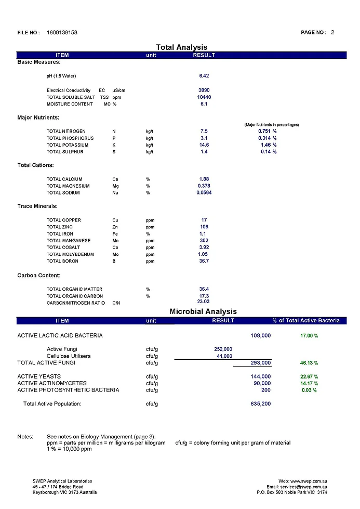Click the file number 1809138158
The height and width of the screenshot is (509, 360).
[62, 33]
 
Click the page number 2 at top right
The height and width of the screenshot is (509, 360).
[332, 32]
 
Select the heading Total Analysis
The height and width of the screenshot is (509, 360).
[181, 47]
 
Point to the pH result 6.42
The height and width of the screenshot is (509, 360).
[204, 76]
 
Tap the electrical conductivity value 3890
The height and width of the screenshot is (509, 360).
[204, 90]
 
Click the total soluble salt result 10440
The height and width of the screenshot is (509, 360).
[204, 97]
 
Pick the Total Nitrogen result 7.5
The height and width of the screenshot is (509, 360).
[204, 131]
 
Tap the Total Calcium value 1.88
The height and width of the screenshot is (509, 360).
[204, 179]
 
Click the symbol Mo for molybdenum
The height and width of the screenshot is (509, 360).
[115, 254]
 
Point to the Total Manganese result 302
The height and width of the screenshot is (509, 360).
[204, 241]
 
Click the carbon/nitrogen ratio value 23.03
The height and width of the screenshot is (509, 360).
[204, 302]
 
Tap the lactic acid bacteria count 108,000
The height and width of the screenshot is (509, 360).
[260, 336]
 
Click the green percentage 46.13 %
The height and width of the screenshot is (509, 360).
[309, 363]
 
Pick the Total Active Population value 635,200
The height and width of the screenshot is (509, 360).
[260, 403]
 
